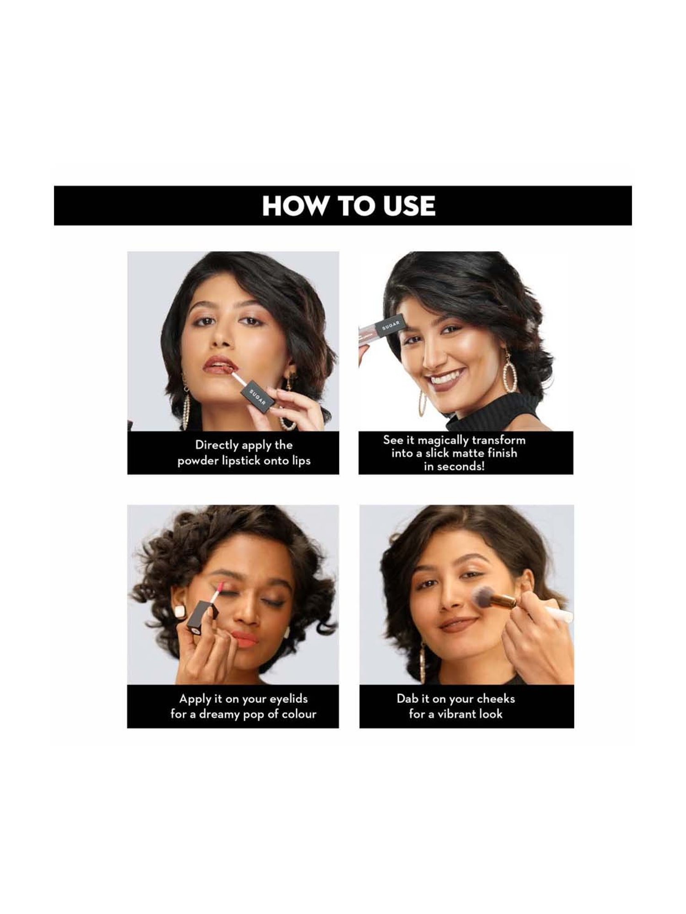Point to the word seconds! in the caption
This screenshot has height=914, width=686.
coord(461,467)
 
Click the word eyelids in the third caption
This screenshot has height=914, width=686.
coord(288,699)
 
